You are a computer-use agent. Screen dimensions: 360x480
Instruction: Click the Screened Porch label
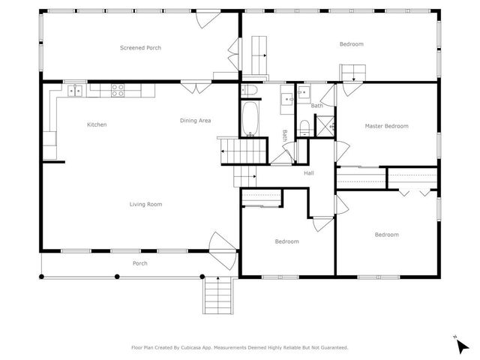140,48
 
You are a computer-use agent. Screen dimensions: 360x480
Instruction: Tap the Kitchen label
97,124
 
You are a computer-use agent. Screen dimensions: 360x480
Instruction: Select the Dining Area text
195,121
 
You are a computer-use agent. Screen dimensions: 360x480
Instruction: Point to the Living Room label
145,204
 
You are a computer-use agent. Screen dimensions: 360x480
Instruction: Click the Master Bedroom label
386,126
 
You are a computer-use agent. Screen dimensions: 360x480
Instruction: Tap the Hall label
308,173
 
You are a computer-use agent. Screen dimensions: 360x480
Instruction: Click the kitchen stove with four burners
118,90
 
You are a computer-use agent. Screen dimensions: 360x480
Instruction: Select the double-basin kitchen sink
76,91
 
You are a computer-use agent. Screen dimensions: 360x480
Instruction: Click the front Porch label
139,263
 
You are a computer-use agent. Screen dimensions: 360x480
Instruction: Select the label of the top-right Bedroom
351,44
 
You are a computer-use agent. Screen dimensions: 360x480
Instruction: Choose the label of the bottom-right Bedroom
386,235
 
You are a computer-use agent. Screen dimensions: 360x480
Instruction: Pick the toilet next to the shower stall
303,127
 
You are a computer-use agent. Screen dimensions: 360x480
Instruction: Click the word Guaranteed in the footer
330,348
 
